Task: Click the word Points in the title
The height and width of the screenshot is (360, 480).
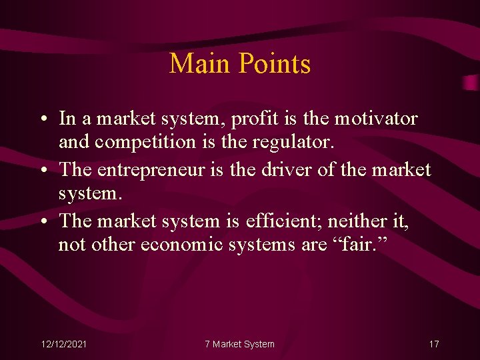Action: [273, 64]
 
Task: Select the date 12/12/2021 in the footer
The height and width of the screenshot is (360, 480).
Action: [63, 344]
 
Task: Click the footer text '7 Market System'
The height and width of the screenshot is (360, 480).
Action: [239, 344]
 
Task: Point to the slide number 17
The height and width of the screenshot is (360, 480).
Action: [434, 344]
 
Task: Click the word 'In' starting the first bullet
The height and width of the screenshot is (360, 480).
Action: [67, 119]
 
